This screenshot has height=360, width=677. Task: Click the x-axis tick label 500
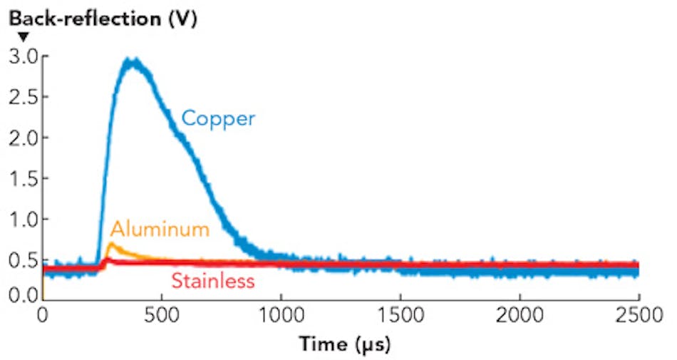(x=162, y=314)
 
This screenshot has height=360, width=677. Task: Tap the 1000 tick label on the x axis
(x=281, y=314)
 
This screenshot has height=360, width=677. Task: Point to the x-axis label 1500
(x=400, y=314)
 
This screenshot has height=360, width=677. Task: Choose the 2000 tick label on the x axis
(x=520, y=314)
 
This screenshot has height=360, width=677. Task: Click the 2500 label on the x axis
(x=639, y=314)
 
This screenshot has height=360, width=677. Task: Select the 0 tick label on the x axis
(x=43, y=314)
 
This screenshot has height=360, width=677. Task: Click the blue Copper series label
(x=217, y=118)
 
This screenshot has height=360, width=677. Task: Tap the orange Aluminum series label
(x=160, y=229)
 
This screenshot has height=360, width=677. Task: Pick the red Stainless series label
(x=212, y=281)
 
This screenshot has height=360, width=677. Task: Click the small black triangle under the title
(x=23, y=37)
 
